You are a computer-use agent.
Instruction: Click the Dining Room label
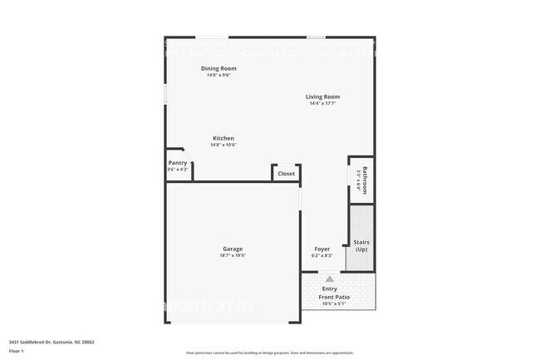pyautogui.click(x=218, y=68)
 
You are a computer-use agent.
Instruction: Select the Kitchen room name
pyautogui.click(x=223, y=138)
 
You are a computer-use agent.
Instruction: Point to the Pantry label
pyautogui.click(x=178, y=163)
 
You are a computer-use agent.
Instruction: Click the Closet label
pyautogui.click(x=286, y=174)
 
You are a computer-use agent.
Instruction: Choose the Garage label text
pyautogui.click(x=233, y=249)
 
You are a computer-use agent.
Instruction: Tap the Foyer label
pyautogui.click(x=322, y=249)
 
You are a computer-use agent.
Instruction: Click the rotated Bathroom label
pyautogui.click(x=364, y=180)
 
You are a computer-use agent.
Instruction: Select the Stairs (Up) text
pyautogui.click(x=361, y=246)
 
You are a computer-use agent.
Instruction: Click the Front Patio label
pyautogui.click(x=336, y=297)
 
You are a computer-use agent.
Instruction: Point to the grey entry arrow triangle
pyautogui.click(x=330, y=279)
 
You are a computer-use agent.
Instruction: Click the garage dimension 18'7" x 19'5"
pyautogui.click(x=233, y=255)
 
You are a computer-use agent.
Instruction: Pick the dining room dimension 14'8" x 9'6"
pyautogui.click(x=218, y=75)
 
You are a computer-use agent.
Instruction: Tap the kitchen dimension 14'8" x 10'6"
pyautogui.click(x=223, y=145)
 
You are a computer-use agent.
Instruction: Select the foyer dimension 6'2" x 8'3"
pyautogui.click(x=322, y=255)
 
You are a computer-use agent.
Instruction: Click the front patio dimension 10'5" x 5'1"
pyautogui.click(x=336, y=303)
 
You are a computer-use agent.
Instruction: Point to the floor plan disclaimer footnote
pyautogui.click(x=270, y=352)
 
